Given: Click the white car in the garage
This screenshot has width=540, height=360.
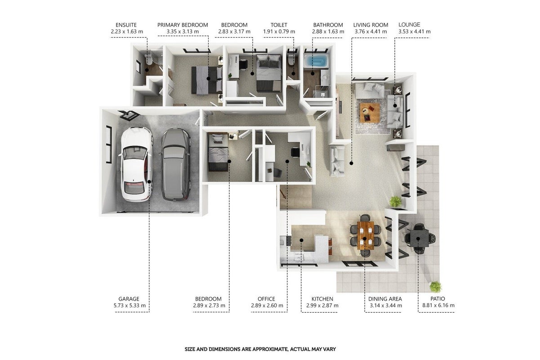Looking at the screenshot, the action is [x=136, y=164].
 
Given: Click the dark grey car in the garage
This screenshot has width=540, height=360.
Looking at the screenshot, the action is [x=175, y=165].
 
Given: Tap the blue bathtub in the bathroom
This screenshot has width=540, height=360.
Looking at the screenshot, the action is [x=315, y=61].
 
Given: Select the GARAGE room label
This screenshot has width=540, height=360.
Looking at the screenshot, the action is [x=129, y=299].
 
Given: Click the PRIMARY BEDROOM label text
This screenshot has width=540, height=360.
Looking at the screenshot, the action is [x=183, y=25].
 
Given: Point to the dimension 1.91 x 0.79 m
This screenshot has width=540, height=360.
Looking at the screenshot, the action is [x=279, y=31].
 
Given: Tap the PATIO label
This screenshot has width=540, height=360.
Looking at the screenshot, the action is [x=438, y=299].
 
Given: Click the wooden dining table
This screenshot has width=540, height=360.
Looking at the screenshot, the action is [x=365, y=235].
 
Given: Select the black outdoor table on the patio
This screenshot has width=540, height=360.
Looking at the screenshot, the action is [x=419, y=238].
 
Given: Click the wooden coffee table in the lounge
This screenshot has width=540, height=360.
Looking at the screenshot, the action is [x=370, y=113].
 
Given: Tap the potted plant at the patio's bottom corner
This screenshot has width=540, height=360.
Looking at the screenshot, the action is [x=435, y=287].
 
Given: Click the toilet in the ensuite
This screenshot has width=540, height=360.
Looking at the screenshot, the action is [x=148, y=59].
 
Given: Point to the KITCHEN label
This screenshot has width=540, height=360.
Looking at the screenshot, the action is [x=322, y=299].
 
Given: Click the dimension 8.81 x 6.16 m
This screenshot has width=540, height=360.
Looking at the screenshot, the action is [x=438, y=305].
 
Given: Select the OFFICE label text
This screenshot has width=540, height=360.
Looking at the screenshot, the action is [x=266, y=299].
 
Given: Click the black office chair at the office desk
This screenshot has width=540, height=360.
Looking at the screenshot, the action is [x=295, y=153].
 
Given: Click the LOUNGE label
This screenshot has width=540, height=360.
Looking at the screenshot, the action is [x=409, y=25].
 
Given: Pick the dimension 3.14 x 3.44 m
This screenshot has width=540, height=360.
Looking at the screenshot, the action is [x=386, y=305].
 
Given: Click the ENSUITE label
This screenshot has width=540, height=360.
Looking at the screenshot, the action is [x=126, y=25].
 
